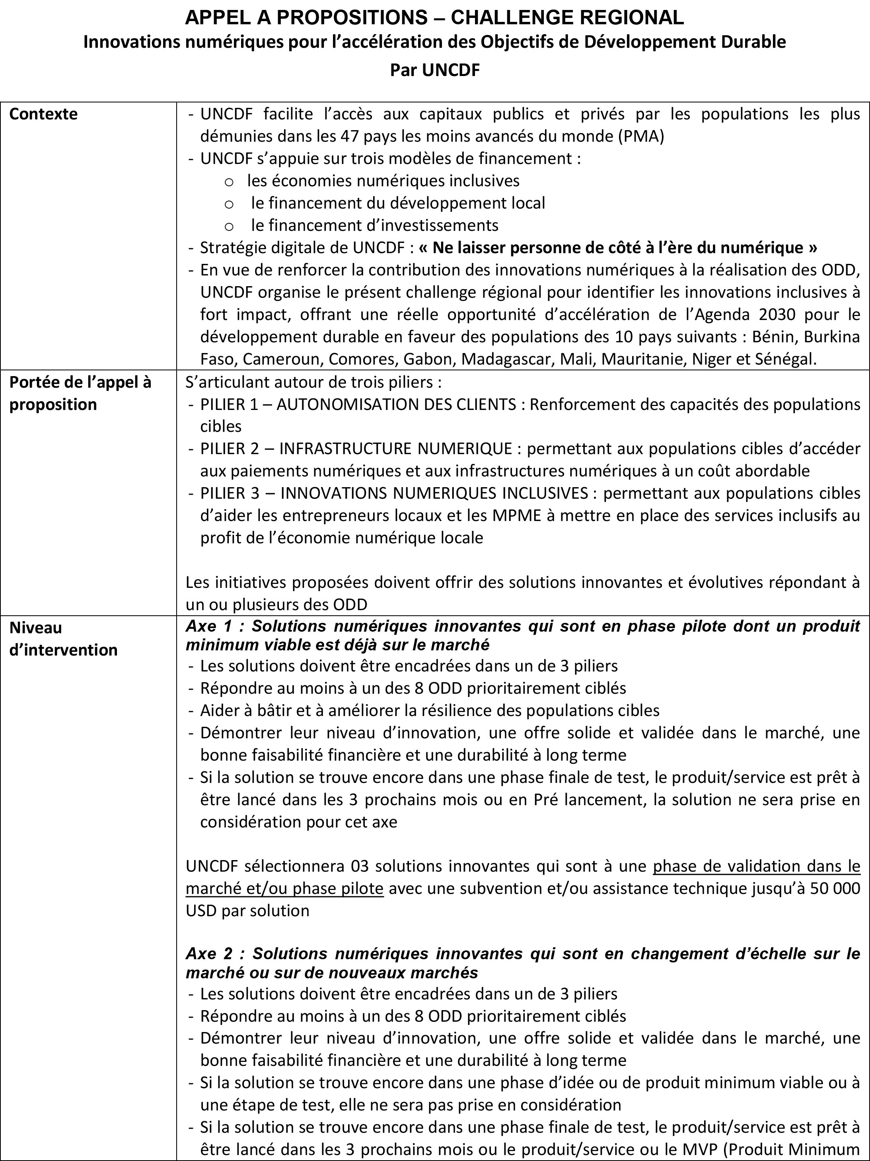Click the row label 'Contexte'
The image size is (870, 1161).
43,114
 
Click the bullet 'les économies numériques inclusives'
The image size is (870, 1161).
383,181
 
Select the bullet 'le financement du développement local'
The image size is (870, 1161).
398,203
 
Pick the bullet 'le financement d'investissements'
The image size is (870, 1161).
375,225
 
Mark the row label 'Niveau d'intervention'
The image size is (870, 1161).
63,639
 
